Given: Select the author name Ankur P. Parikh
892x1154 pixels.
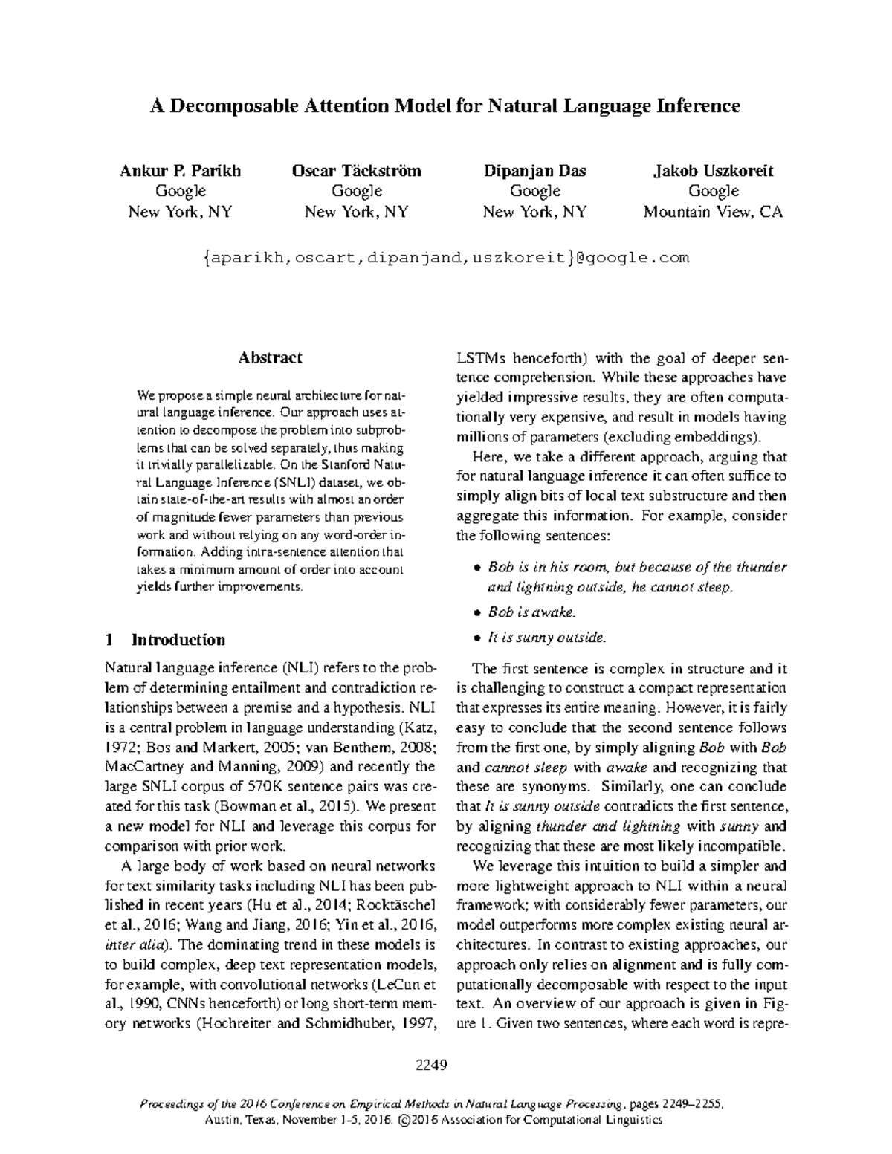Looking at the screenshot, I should click(180, 171).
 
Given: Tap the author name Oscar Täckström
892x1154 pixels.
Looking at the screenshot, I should click(357, 171).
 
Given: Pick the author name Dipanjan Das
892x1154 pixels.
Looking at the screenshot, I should click(534, 171).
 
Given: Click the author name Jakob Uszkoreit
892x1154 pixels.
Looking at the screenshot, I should click(713, 171).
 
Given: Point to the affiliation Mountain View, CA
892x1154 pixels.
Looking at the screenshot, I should click(713, 212).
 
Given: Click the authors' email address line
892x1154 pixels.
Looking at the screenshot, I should click(446, 258).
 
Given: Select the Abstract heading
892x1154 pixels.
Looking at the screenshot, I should click(270, 357).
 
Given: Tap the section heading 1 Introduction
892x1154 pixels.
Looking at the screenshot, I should click(165, 640).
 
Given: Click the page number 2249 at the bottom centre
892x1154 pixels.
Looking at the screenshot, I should click(430, 1066).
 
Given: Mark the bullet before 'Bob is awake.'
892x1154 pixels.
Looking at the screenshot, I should click(478, 613).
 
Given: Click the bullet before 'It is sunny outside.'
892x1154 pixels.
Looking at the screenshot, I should click(478, 638).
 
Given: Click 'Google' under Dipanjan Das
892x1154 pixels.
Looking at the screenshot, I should click(534, 192).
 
